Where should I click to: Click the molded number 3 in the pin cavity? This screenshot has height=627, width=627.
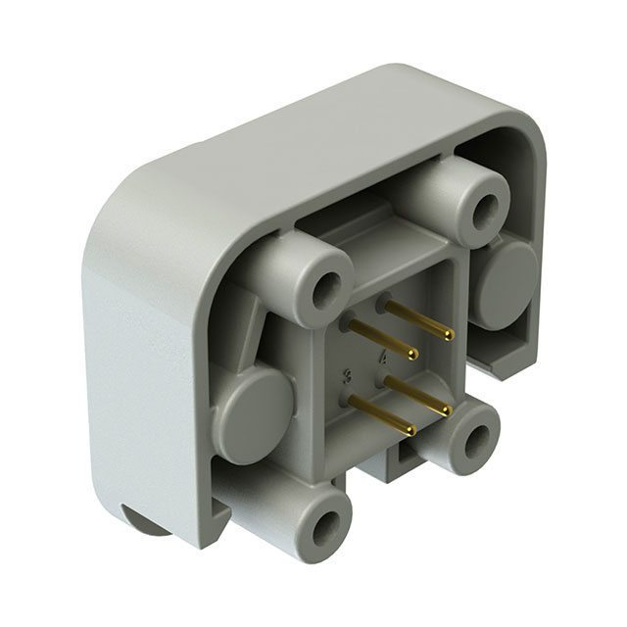tap(347, 375)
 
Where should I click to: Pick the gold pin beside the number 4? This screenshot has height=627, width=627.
tap(416, 395)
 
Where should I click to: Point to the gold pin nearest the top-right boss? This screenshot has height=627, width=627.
tap(418, 319)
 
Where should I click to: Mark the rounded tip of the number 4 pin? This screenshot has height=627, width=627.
tap(447, 410)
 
